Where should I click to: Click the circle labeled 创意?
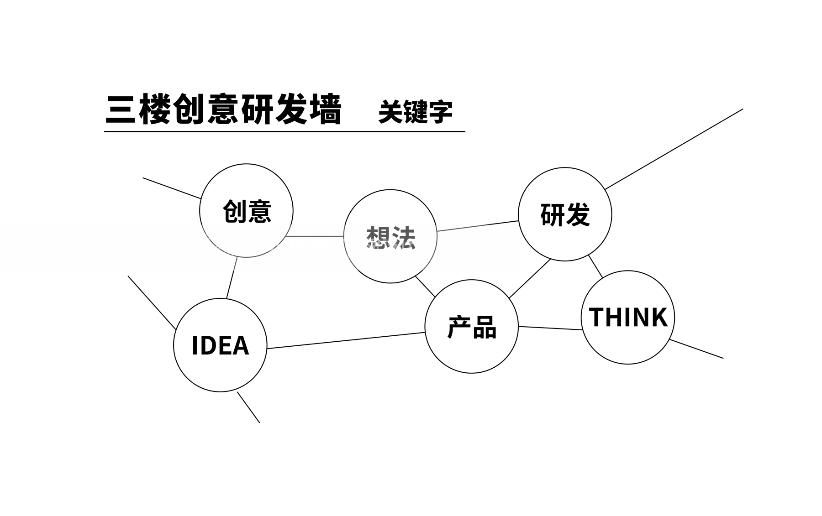click(x=247, y=211)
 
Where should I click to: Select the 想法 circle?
click(x=390, y=236)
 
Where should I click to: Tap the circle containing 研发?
click(x=565, y=214)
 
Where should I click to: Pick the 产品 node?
click(x=472, y=327)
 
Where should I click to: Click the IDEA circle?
click(x=220, y=345)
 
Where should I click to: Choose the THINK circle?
click(x=628, y=318)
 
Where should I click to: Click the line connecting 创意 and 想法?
click(x=315, y=236)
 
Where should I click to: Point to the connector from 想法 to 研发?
click(x=478, y=226)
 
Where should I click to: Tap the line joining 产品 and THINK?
click(x=550, y=328)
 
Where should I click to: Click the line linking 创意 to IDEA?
click(x=232, y=278)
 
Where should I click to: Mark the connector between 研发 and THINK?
click(x=595, y=266)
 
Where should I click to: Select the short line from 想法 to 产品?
click(x=425, y=287)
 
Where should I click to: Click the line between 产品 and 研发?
click(x=530, y=279)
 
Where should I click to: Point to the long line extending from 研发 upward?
click(x=674, y=149)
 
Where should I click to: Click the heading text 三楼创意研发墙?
click(x=223, y=109)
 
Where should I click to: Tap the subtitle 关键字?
click(x=415, y=112)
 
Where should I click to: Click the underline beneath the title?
click(x=284, y=131)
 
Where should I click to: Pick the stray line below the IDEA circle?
click(x=248, y=407)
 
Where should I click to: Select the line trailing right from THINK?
click(x=696, y=349)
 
